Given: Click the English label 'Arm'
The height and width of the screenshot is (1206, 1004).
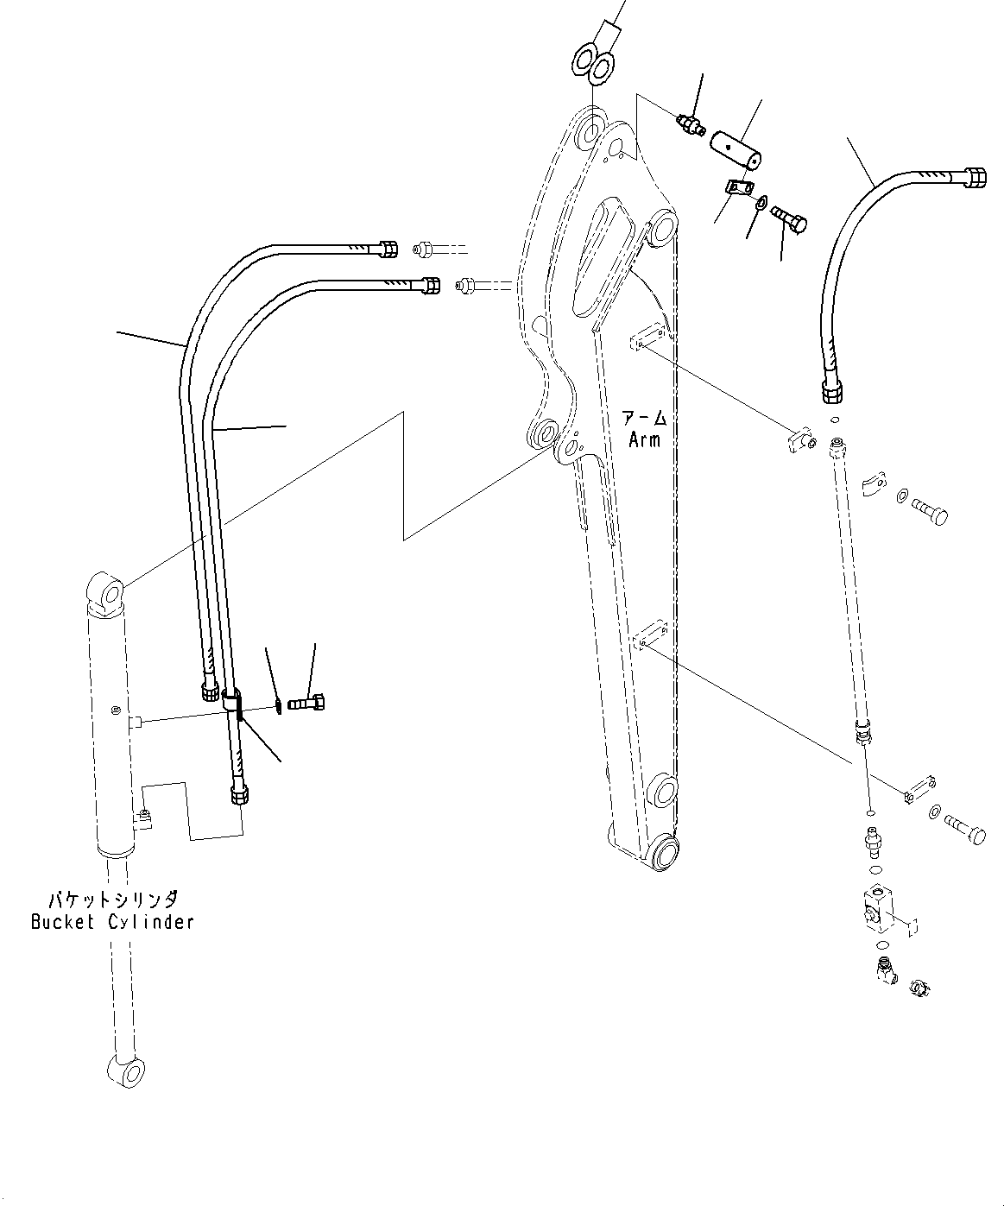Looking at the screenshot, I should click(x=644, y=439).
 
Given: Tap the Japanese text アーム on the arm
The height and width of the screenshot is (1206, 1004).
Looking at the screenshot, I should click(x=644, y=419).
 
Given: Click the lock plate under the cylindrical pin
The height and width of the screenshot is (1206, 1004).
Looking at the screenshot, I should click(x=736, y=189).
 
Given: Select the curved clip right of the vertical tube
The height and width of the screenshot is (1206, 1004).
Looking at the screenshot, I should click(x=873, y=483).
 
